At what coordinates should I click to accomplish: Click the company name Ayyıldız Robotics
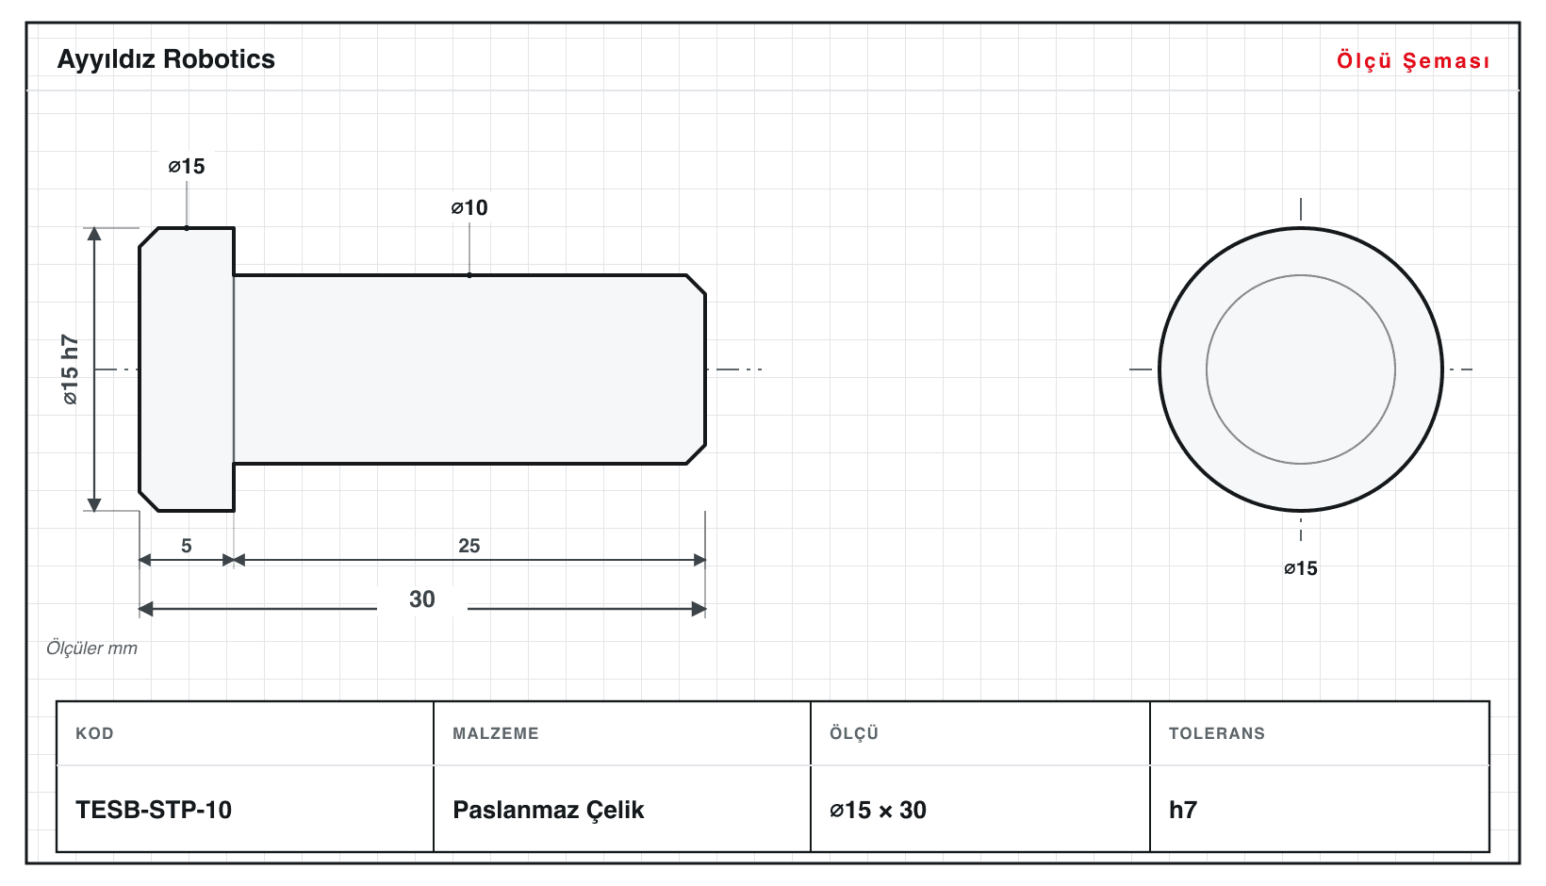click(166, 60)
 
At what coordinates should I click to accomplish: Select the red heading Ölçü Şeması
click(1413, 60)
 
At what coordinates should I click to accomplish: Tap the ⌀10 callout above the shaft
click(469, 207)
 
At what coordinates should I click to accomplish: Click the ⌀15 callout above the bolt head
click(187, 166)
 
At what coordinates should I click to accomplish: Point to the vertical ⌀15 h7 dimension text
click(71, 369)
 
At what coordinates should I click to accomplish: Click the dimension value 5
click(187, 546)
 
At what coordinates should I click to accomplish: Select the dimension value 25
click(469, 546)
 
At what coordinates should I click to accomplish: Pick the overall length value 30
click(422, 599)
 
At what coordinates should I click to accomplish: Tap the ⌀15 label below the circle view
click(1301, 568)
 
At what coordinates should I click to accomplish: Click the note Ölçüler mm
click(91, 648)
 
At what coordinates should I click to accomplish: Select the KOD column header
click(94, 732)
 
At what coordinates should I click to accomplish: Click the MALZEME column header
click(496, 732)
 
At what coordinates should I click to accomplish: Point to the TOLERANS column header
click(1217, 732)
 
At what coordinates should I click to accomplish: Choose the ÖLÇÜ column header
click(854, 732)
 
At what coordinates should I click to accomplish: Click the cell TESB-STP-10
click(154, 810)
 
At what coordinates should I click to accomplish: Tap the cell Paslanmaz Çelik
click(548, 810)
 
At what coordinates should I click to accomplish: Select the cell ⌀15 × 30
click(878, 810)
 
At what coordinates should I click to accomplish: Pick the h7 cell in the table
click(1183, 810)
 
